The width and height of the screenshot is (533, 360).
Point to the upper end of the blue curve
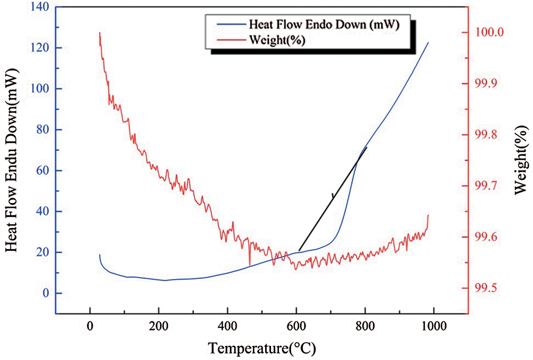click(x=428, y=42)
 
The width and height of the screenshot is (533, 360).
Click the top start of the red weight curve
click(x=100, y=33)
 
